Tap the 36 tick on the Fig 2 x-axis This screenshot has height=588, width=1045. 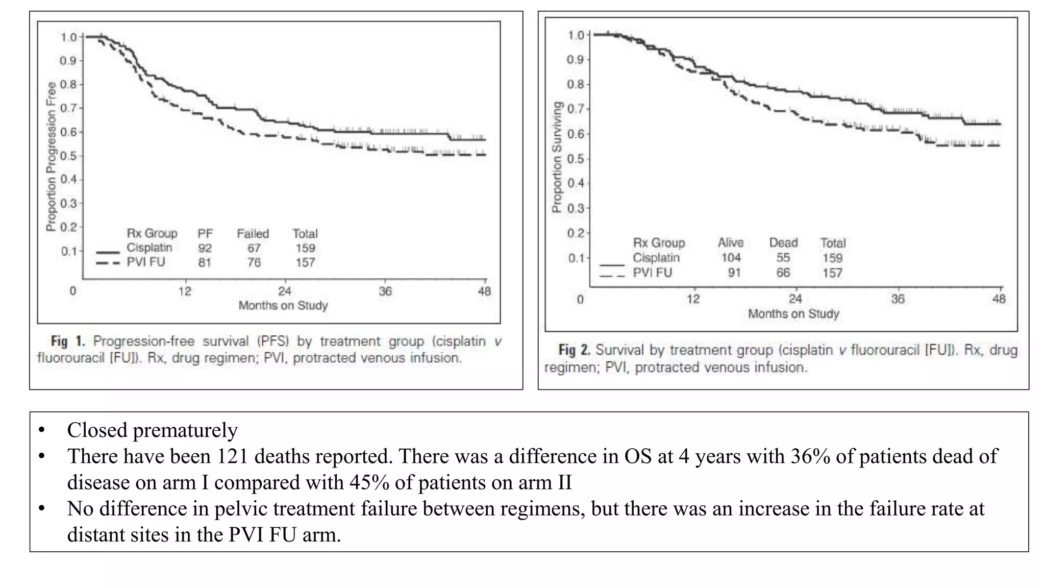[x=898, y=299]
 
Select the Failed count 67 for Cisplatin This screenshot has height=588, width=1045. [x=254, y=248]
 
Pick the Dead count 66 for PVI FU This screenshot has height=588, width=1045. [x=783, y=273]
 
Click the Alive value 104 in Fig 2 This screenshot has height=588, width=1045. [x=731, y=258]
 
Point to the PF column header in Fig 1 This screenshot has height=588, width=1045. [x=205, y=234]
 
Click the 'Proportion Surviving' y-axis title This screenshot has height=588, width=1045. [x=557, y=157]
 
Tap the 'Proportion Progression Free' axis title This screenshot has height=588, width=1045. [x=51, y=156]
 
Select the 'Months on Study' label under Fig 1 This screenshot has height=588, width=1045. [x=283, y=306]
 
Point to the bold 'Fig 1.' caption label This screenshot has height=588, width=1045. [x=67, y=341]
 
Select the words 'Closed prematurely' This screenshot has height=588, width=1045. [x=152, y=430]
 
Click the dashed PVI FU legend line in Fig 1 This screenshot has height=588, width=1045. [x=108, y=263]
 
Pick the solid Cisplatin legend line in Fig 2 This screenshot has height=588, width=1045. [x=612, y=264]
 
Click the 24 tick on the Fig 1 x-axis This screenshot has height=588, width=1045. [x=284, y=291]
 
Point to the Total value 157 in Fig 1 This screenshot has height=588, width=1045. [x=305, y=262]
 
